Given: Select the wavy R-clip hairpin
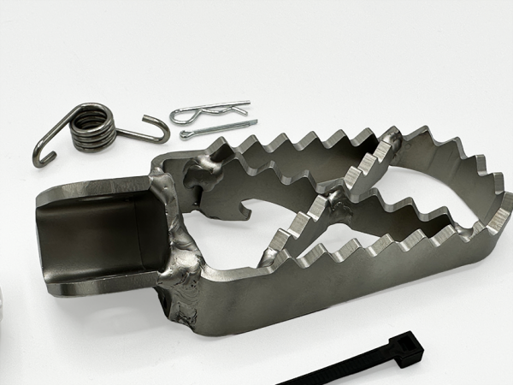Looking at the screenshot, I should (209, 111).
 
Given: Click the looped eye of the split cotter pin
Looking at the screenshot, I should (186, 134).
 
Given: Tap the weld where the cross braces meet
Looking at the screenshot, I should (332, 204).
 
